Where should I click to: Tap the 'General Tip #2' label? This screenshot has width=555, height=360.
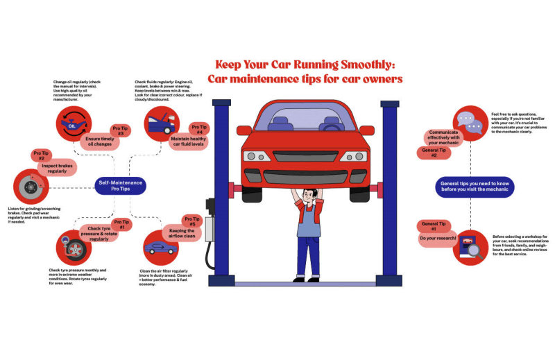(x=429, y=153)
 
